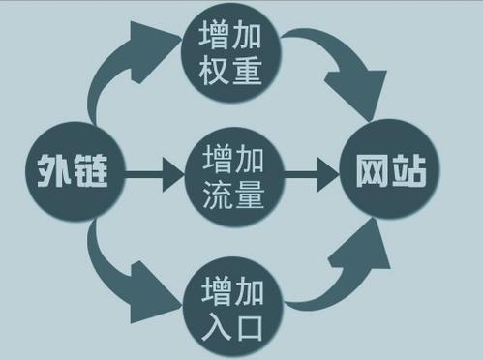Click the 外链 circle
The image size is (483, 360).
[x=65, y=174]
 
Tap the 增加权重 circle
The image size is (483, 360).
[x=232, y=53]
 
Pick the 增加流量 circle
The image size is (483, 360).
[x=232, y=174]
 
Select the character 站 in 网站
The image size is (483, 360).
[x=408, y=174]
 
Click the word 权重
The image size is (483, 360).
[x=232, y=73]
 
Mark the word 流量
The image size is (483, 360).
[x=232, y=194]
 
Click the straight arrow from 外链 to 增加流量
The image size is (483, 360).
[x=153, y=176]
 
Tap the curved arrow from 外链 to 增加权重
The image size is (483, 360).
[x=116, y=73]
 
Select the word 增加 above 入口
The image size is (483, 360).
[x=232, y=287]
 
